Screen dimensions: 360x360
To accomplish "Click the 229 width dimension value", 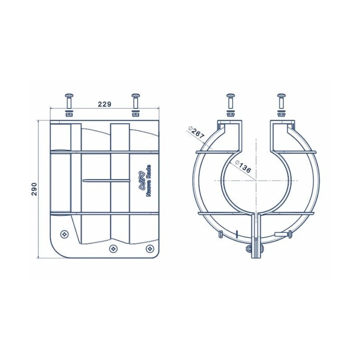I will tap(104, 104).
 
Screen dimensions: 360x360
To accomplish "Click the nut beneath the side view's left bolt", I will tap(69, 113).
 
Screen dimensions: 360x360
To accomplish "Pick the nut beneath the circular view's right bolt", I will tap(281, 113).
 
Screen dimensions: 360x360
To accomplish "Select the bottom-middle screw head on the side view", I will tap(112, 248).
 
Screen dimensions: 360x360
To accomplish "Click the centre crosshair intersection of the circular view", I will tap(256, 180).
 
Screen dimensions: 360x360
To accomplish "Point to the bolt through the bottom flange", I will tap(250, 248).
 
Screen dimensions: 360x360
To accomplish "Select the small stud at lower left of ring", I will tap(220, 234).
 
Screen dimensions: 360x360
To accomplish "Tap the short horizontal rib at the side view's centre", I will tap(105, 180).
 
